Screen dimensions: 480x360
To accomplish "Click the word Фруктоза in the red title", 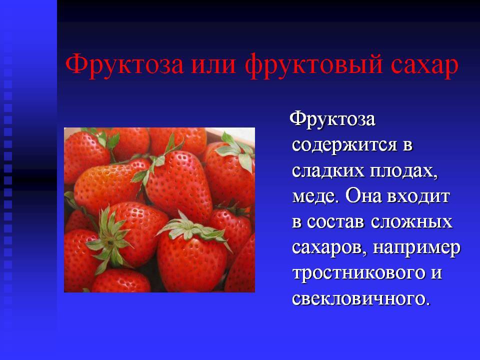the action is (124, 64).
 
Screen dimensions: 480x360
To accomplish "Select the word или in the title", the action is (214, 65).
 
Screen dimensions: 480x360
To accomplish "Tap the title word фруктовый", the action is (314, 65).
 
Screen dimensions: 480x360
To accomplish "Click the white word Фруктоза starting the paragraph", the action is (332, 119).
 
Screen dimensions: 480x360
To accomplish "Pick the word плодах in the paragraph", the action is (404, 171).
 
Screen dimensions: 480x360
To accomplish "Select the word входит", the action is (418, 196).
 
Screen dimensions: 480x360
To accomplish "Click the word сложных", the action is (411, 221).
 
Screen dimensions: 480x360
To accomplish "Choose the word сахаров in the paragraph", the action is (329, 247).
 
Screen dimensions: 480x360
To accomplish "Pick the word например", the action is (416, 248).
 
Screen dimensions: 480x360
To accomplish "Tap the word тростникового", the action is (359, 273).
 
